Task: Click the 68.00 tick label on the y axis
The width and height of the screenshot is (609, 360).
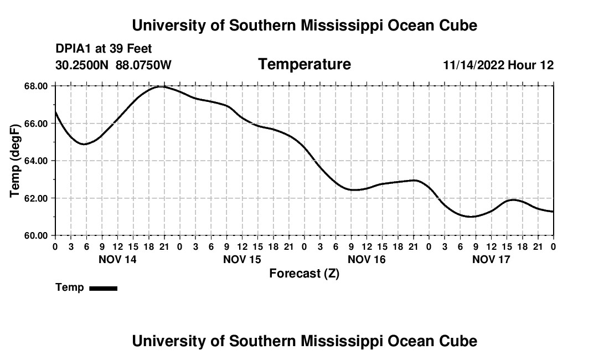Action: point(36,86)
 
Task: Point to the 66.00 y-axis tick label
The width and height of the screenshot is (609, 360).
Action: point(36,124)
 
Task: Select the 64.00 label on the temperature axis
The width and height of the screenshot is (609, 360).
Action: point(36,161)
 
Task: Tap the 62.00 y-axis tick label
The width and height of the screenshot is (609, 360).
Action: point(36,198)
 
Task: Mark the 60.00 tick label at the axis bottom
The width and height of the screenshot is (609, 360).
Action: point(36,236)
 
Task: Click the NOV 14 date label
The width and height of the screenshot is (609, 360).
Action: point(118,259)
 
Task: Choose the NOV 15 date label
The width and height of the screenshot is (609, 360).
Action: point(242,259)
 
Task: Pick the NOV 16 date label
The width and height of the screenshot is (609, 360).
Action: point(367,259)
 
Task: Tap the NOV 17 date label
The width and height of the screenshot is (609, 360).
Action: point(491,259)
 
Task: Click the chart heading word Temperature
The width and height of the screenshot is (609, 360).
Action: point(304,64)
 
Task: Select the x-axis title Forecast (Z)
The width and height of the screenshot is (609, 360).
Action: point(304,274)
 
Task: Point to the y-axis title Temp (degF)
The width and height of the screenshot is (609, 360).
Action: point(15,161)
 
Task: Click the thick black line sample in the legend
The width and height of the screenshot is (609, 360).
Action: point(104,288)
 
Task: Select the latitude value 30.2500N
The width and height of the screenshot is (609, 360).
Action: point(82,65)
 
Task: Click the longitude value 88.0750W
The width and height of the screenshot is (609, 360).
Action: point(143,65)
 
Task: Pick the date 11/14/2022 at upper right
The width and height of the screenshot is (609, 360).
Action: point(474,65)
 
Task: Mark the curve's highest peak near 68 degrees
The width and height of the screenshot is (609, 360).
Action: point(161,86)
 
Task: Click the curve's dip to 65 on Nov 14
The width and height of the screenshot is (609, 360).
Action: point(85,144)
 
